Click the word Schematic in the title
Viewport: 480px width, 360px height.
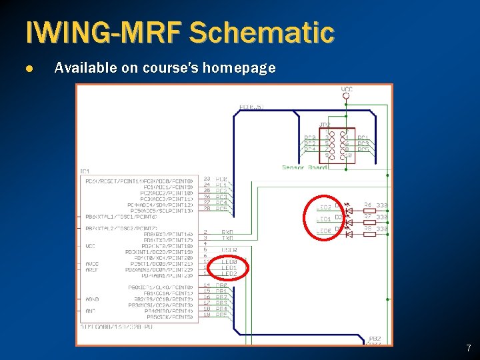pyautogui.click(x=262, y=32)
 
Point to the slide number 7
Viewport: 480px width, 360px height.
pyautogui.click(x=468, y=348)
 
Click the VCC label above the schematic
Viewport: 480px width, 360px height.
pyautogui.click(x=347, y=89)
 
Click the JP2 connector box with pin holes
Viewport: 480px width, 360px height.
pyautogui.click(x=344, y=145)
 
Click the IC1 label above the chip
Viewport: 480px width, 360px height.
pyautogui.click(x=85, y=171)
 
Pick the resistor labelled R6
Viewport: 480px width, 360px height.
pyautogui.click(x=368, y=207)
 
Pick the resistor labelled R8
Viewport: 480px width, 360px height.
pyautogui.click(x=368, y=230)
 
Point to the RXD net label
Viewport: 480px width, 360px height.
pyautogui.click(x=227, y=233)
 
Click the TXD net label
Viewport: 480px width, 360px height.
pyautogui.click(x=227, y=238)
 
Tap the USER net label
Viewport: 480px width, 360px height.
pyautogui.click(x=229, y=250)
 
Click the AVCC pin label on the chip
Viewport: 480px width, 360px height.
pyautogui.click(x=92, y=263)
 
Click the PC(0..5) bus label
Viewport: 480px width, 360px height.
pyautogui.click(x=251, y=107)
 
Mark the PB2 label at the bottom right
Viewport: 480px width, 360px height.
pyautogui.click(x=375, y=339)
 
